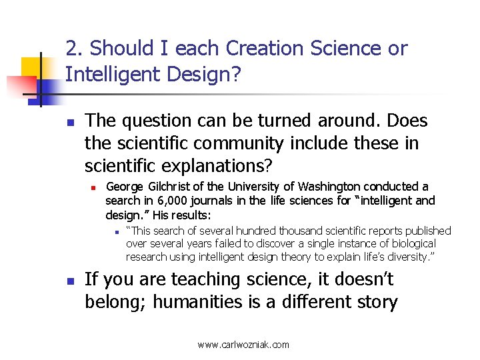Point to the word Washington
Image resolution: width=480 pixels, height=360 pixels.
(329, 186)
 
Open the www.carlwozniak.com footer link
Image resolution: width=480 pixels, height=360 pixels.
(243, 345)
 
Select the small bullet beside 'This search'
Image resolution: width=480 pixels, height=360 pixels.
(115, 232)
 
